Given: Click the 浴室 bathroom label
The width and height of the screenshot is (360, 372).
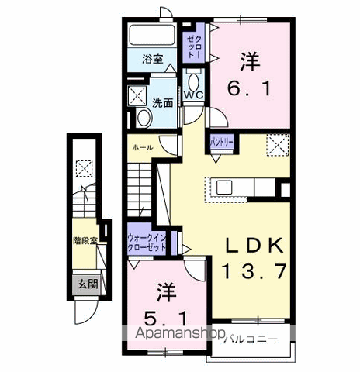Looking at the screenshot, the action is click(153, 59).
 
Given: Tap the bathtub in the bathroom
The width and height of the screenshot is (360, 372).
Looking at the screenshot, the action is click(152, 35).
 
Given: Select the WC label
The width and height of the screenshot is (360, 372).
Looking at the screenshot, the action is click(193, 95).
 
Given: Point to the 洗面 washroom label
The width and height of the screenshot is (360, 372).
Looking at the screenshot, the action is click(162, 103).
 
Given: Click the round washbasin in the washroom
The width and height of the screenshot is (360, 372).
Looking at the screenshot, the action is click(144, 118).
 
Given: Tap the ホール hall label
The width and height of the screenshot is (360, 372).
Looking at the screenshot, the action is click(143, 147).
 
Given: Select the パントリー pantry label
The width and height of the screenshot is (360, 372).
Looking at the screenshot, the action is click(221, 142).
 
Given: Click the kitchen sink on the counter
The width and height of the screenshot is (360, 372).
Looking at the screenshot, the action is click(224, 188).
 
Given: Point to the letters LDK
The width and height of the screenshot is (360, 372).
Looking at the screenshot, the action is click(254, 246).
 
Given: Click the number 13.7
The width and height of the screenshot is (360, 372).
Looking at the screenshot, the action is click(254, 271).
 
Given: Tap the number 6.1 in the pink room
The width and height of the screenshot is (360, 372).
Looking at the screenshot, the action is click(249, 88).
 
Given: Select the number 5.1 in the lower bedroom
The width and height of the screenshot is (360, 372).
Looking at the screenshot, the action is click(165, 319).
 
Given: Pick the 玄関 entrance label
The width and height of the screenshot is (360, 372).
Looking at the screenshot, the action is click(88, 284).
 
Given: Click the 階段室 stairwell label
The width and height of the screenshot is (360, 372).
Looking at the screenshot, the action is click(85, 240).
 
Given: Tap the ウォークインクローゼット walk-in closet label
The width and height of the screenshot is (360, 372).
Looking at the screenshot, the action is click(147, 243).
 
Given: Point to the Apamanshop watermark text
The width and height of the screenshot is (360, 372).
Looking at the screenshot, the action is click(180, 333).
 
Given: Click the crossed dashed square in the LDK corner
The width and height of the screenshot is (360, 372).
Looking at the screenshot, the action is click(278, 145).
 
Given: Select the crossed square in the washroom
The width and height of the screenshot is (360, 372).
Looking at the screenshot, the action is click(137, 96).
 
